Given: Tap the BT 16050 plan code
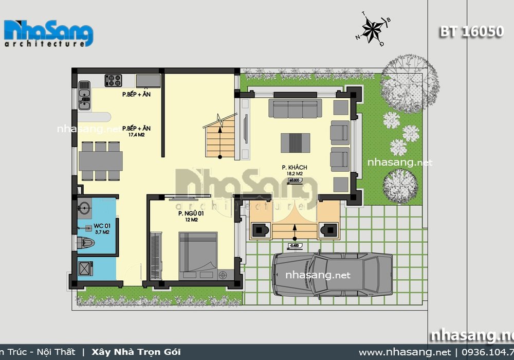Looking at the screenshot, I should (x=471, y=31).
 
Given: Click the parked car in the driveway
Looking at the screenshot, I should (x=332, y=274).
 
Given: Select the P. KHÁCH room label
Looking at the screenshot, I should (x=291, y=168).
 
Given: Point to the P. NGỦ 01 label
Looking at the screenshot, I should (x=188, y=213).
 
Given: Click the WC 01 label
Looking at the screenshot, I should (x=102, y=226).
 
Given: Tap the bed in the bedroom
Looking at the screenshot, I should (x=198, y=254).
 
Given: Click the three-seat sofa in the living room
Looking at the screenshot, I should (x=295, y=109).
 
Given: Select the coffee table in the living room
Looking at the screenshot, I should (x=295, y=142).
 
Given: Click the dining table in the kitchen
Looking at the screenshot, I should (x=100, y=160).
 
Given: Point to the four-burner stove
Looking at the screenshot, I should (x=113, y=81).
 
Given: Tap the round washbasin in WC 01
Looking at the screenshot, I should (x=85, y=208).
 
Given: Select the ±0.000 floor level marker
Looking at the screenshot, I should (x=295, y=180).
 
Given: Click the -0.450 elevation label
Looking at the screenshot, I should (x=295, y=245).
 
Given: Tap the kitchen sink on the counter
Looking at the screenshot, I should (x=84, y=98).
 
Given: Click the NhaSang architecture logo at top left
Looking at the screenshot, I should (x=49, y=34).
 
